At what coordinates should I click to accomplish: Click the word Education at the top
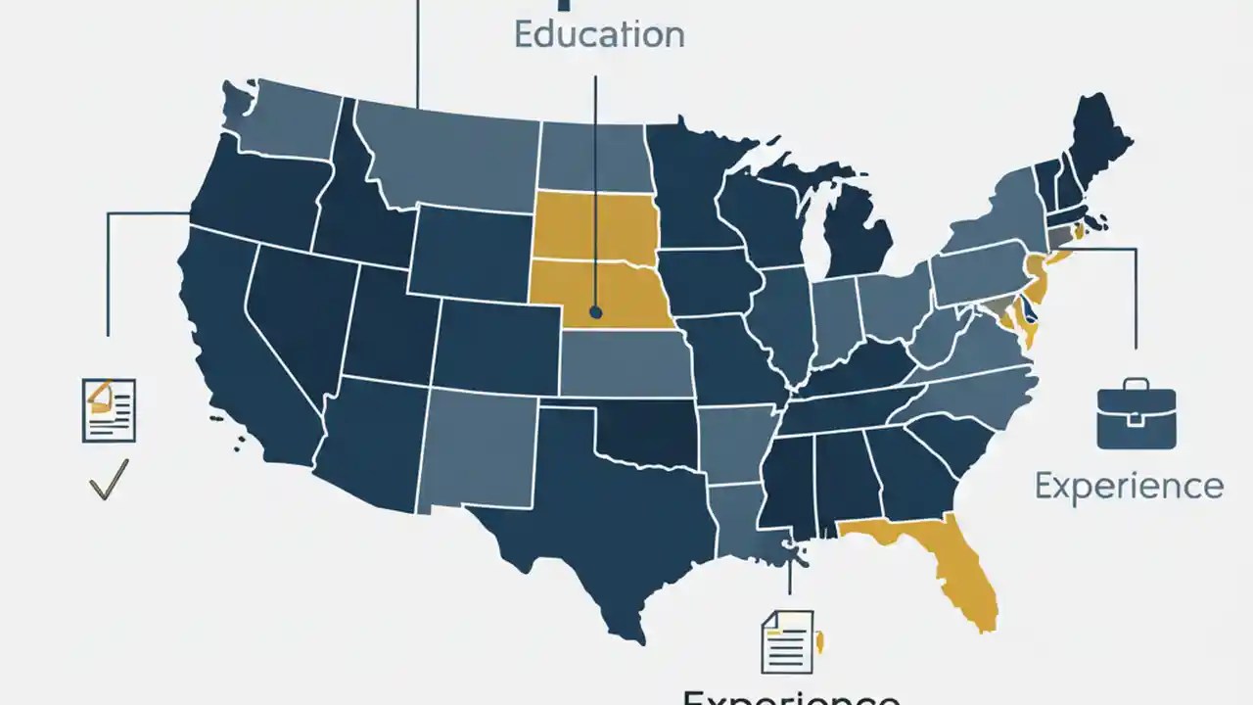pyautogui.click(x=599, y=34)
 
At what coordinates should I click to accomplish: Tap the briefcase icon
pyautogui.click(x=1136, y=415)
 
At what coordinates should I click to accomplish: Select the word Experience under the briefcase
pyautogui.click(x=1129, y=486)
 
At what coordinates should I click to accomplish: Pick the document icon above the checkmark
pyautogui.click(x=109, y=410)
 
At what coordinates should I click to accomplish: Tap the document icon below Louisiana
pyautogui.click(x=787, y=641)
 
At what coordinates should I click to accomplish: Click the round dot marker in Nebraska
pyautogui.click(x=595, y=313)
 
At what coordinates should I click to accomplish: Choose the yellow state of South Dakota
pyautogui.click(x=594, y=227)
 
